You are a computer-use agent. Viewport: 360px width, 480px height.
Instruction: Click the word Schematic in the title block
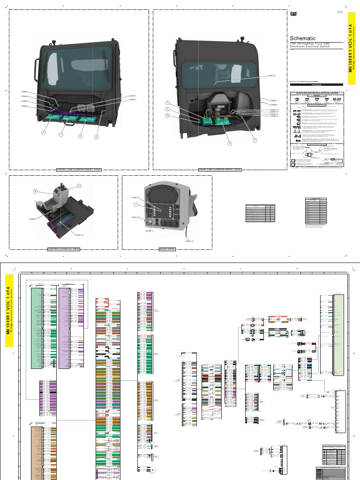[x=303, y=38]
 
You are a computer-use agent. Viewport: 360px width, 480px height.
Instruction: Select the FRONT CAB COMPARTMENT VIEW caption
[x=79, y=170]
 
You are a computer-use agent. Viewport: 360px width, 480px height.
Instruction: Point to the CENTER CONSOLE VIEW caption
[x=64, y=249]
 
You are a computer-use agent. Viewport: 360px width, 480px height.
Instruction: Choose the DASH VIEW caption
[x=167, y=249]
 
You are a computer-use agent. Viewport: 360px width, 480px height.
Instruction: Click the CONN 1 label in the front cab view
[x=133, y=96]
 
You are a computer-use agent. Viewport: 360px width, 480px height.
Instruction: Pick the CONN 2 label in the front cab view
[x=133, y=100]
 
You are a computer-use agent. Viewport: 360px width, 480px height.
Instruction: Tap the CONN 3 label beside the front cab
[x=25, y=91]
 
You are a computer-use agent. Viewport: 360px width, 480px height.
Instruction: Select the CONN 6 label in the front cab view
[x=25, y=106]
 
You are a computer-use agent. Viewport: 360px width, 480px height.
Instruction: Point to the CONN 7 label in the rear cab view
[x=274, y=101]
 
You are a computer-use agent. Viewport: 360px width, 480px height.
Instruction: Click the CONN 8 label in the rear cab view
[x=274, y=105]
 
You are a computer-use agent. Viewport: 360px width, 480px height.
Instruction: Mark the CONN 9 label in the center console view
[x=32, y=219]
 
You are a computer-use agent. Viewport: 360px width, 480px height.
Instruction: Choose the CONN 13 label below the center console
[x=79, y=234]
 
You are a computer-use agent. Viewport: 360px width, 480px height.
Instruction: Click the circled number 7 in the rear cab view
[x=255, y=140]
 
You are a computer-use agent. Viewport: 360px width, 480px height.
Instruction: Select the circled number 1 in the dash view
[x=135, y=205]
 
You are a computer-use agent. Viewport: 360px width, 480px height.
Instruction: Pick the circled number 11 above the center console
[x=79, y=187]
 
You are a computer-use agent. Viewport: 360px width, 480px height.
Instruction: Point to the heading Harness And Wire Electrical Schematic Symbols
[x=317, y=93]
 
